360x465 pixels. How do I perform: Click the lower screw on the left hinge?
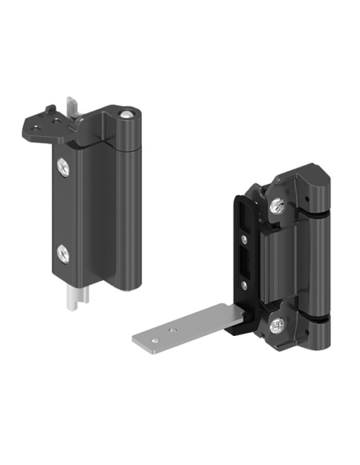click(65, 253)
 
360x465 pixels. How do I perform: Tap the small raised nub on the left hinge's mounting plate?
click(49, 105)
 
